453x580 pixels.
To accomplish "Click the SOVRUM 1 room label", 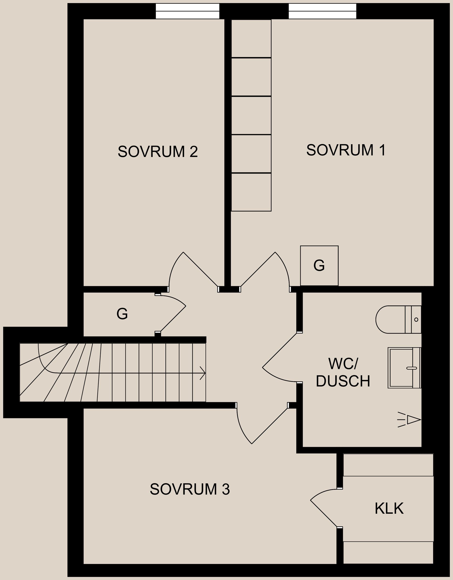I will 346,150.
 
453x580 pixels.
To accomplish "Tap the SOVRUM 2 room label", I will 158,152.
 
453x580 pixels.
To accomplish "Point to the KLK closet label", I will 389,508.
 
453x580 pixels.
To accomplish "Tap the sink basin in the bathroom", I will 404,368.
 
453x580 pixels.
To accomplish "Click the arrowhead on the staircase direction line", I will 203,373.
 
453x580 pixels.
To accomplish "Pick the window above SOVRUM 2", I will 187,11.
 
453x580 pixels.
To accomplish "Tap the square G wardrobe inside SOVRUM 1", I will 319,265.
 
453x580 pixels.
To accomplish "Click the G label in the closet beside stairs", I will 122,314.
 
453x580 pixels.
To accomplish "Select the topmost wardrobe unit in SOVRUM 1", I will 251,38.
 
